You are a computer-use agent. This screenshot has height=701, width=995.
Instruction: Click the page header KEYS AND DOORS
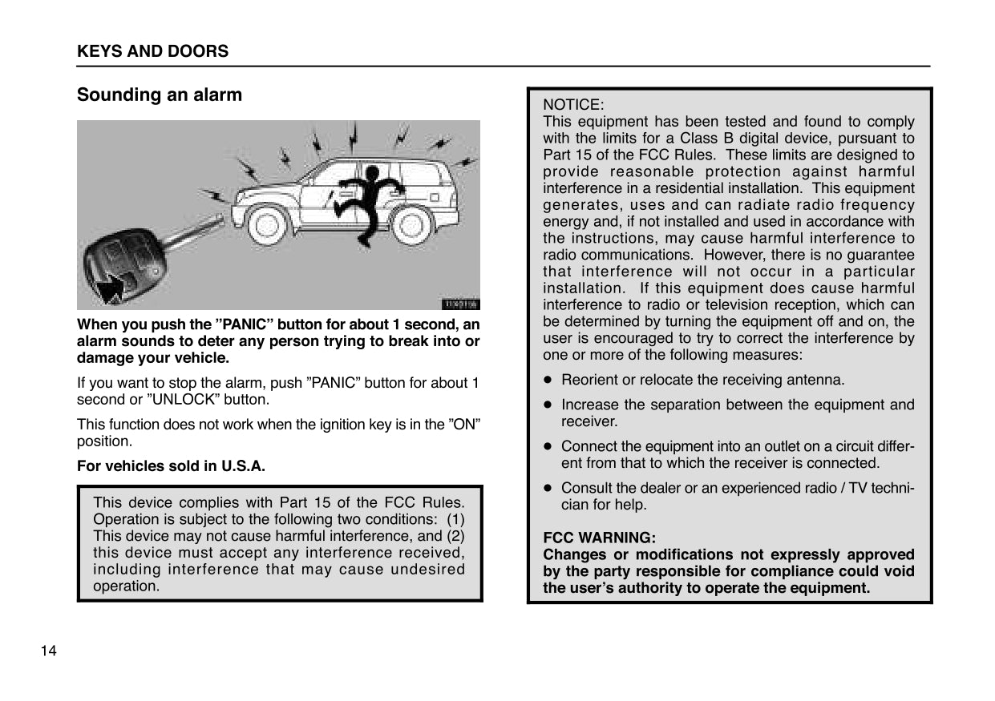click(x=152, y=51)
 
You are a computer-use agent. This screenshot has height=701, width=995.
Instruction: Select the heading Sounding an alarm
click(x=159, y=95)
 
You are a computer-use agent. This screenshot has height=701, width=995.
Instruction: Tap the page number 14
click(x=49, y=650)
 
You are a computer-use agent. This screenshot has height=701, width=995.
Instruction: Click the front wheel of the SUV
click(x=267, y=224)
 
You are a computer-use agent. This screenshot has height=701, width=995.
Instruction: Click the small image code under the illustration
click(x=460, y=304)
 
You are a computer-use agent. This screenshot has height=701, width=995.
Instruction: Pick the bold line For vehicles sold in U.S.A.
click(x=171, y=465)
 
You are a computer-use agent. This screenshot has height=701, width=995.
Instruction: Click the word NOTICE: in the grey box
click(x=573, y=105)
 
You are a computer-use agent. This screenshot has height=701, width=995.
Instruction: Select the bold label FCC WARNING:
click(x=599, y=538)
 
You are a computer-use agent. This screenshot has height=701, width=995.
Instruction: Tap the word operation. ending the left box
click(x=126, y=586)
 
